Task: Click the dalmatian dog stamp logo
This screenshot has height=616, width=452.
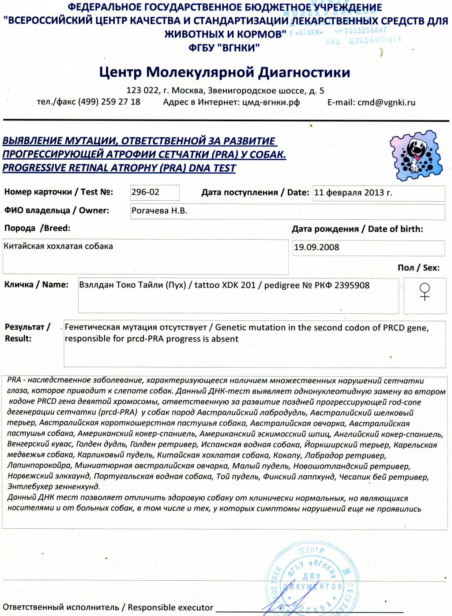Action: click(415, 155)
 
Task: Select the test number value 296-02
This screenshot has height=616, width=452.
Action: click(145, 192)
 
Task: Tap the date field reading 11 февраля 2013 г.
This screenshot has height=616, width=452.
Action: click(353, 193)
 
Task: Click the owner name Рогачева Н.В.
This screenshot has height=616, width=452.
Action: click(159, 211)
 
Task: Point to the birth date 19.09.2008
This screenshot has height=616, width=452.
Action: click(316, 248)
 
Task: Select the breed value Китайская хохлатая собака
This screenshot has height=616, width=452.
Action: click(58, 246)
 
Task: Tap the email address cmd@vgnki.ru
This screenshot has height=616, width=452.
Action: click(386, 102)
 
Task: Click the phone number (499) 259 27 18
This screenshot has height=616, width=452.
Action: click(109, 102)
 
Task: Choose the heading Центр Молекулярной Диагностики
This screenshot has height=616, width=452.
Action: click(224, 72)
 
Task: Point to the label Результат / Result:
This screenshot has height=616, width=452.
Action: click(26, 333)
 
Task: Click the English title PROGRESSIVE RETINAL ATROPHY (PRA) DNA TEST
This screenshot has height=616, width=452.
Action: click(119, 168)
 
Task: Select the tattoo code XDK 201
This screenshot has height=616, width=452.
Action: click(238, 285)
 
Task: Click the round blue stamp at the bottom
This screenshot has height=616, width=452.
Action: click(311, 580)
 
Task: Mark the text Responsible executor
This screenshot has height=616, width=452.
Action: click(170, 608)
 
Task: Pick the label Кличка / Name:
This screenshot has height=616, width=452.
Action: click(36, 285)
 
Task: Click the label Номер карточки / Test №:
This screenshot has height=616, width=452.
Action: click(59, 192)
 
